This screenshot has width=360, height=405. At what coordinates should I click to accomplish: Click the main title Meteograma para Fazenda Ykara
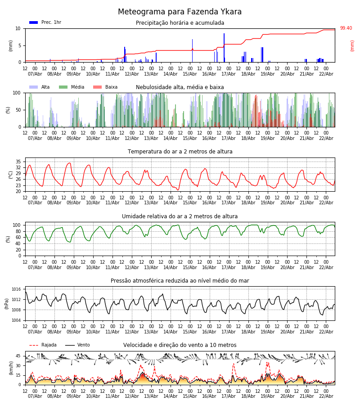click(180, 12)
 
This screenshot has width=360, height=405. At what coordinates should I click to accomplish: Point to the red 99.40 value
click(346, 28)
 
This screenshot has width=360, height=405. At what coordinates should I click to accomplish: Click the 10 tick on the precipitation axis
click(18, 28)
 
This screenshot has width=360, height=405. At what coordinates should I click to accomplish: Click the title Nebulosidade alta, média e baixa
click(180, 87)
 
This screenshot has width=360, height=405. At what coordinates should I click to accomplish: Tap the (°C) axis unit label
click(11, 175)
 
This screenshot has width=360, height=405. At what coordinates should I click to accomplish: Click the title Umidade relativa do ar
click(180, 216)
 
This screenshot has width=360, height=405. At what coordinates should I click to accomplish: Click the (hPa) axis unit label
click(7, 303)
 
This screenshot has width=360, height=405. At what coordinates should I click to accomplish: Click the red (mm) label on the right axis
click(352, 45)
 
